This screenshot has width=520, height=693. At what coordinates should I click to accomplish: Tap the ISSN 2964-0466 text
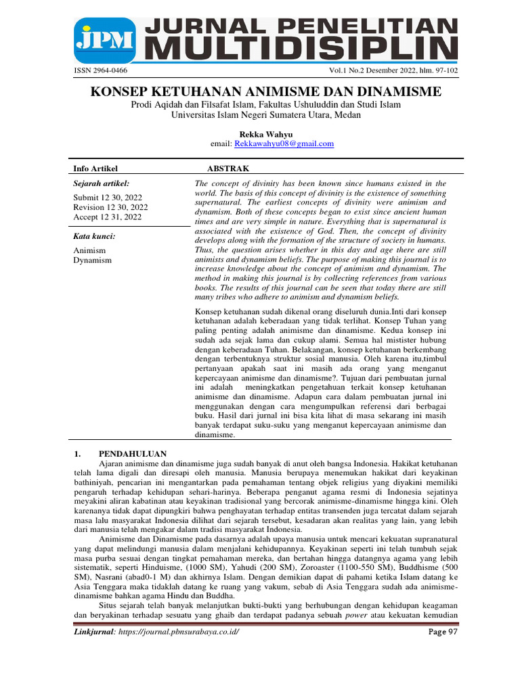pyautogui.click(x=99, y=70)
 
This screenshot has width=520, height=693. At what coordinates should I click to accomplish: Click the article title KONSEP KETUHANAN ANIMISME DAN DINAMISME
pyautogui.click(x=265, y=91)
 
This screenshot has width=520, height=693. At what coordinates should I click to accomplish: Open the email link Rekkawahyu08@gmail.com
pyautogui.click(x=284, y=143)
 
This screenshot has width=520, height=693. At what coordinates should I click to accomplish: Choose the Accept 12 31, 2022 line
pyautogui.click(x=107, y=217)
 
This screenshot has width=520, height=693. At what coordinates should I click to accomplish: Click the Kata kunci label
pyautogui.click(x=94, y=236)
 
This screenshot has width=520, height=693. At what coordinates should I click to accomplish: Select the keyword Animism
pyautogui.click(x=89, y=250)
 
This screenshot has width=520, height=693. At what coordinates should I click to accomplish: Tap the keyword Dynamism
pyautogui.click(x=92, y=260)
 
